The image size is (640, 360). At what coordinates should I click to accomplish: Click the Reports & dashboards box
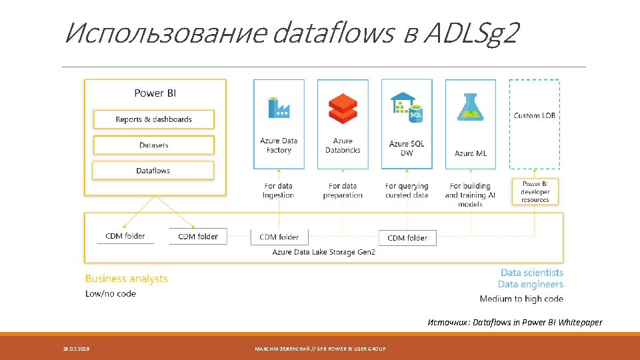(153, 119)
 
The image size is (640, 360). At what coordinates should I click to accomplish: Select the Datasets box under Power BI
(153, 145)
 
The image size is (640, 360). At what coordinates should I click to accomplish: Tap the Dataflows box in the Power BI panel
(153, 171)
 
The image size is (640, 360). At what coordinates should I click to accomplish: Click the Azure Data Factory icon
(279, 107)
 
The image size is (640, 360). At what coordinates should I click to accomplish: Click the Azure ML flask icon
(471, 107)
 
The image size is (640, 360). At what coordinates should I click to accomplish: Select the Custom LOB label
(535, 115)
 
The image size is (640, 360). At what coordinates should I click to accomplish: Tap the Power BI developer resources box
(535, 192)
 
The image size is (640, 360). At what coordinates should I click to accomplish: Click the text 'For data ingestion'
(279, 191)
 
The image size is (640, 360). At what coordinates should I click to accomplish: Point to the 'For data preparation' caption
(343, 191)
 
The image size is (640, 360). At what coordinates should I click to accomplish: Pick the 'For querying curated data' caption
(407, 191)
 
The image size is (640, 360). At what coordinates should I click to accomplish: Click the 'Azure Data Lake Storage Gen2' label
(324, 252)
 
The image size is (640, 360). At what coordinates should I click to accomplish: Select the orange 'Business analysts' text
(127, 279)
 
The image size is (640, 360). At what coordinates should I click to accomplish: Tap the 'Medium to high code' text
(521, 299)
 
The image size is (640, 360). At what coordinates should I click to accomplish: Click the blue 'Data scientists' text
(531, 272)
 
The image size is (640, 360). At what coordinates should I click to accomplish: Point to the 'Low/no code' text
(111, 294)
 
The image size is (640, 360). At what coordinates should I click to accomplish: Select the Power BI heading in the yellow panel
(155, 93)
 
